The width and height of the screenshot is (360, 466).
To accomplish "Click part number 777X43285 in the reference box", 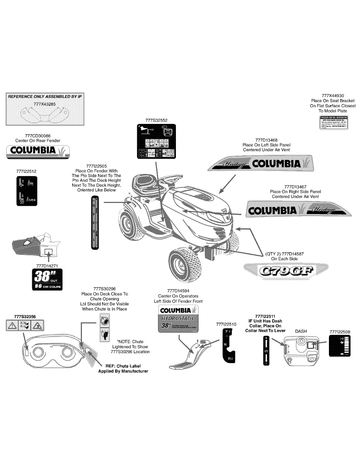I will [45, 104].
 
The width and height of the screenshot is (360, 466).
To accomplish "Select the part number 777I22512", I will [26, 171].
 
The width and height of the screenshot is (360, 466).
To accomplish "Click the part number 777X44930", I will [333, 96].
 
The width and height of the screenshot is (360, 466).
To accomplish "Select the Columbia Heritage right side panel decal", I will [298, 210].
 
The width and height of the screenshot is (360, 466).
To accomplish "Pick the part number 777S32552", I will [157, 120].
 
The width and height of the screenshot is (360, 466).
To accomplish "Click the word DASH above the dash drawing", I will [301, 331].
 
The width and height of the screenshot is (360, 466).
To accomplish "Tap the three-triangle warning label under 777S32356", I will [24, 326].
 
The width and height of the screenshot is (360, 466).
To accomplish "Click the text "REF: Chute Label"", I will [123, 366].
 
